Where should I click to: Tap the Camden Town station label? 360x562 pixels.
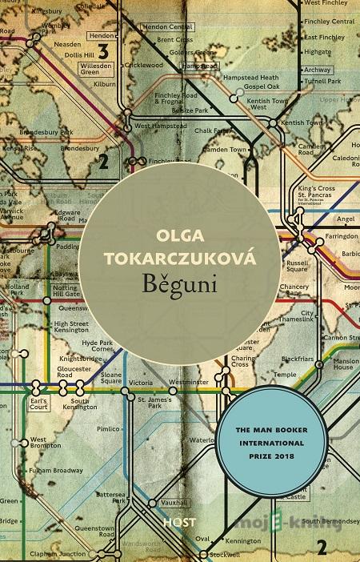tap(224, 127)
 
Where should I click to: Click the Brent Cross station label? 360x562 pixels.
tap(174, 39)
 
